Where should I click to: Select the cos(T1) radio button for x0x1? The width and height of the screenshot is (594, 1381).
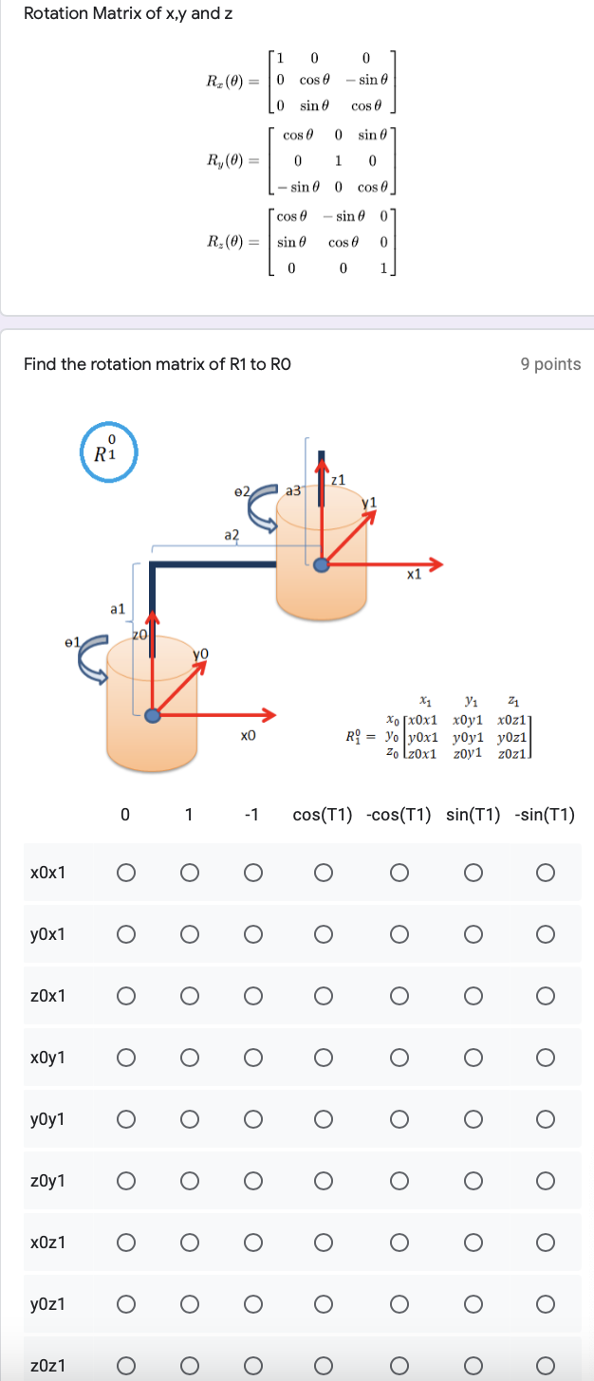click(323, 872)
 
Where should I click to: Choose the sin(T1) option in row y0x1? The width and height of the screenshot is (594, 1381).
click(473, 933)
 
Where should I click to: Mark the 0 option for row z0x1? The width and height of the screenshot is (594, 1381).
click(124, 995)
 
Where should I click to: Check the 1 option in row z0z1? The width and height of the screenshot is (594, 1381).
click(188, 1366)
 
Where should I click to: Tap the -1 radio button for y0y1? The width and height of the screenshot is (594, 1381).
click(251, 1119)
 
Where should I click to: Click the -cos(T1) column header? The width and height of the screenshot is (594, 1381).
click(398, 815)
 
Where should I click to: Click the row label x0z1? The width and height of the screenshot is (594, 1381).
click(48, 1242)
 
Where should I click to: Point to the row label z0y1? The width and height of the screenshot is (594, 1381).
click(48, 1180)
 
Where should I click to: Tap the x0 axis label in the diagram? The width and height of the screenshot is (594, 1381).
click(249, 735)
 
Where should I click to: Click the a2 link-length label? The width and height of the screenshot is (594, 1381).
click(232, 535)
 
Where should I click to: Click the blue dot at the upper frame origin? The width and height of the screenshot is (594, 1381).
click(323, 564)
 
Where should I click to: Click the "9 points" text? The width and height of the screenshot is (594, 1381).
click(550, 364)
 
